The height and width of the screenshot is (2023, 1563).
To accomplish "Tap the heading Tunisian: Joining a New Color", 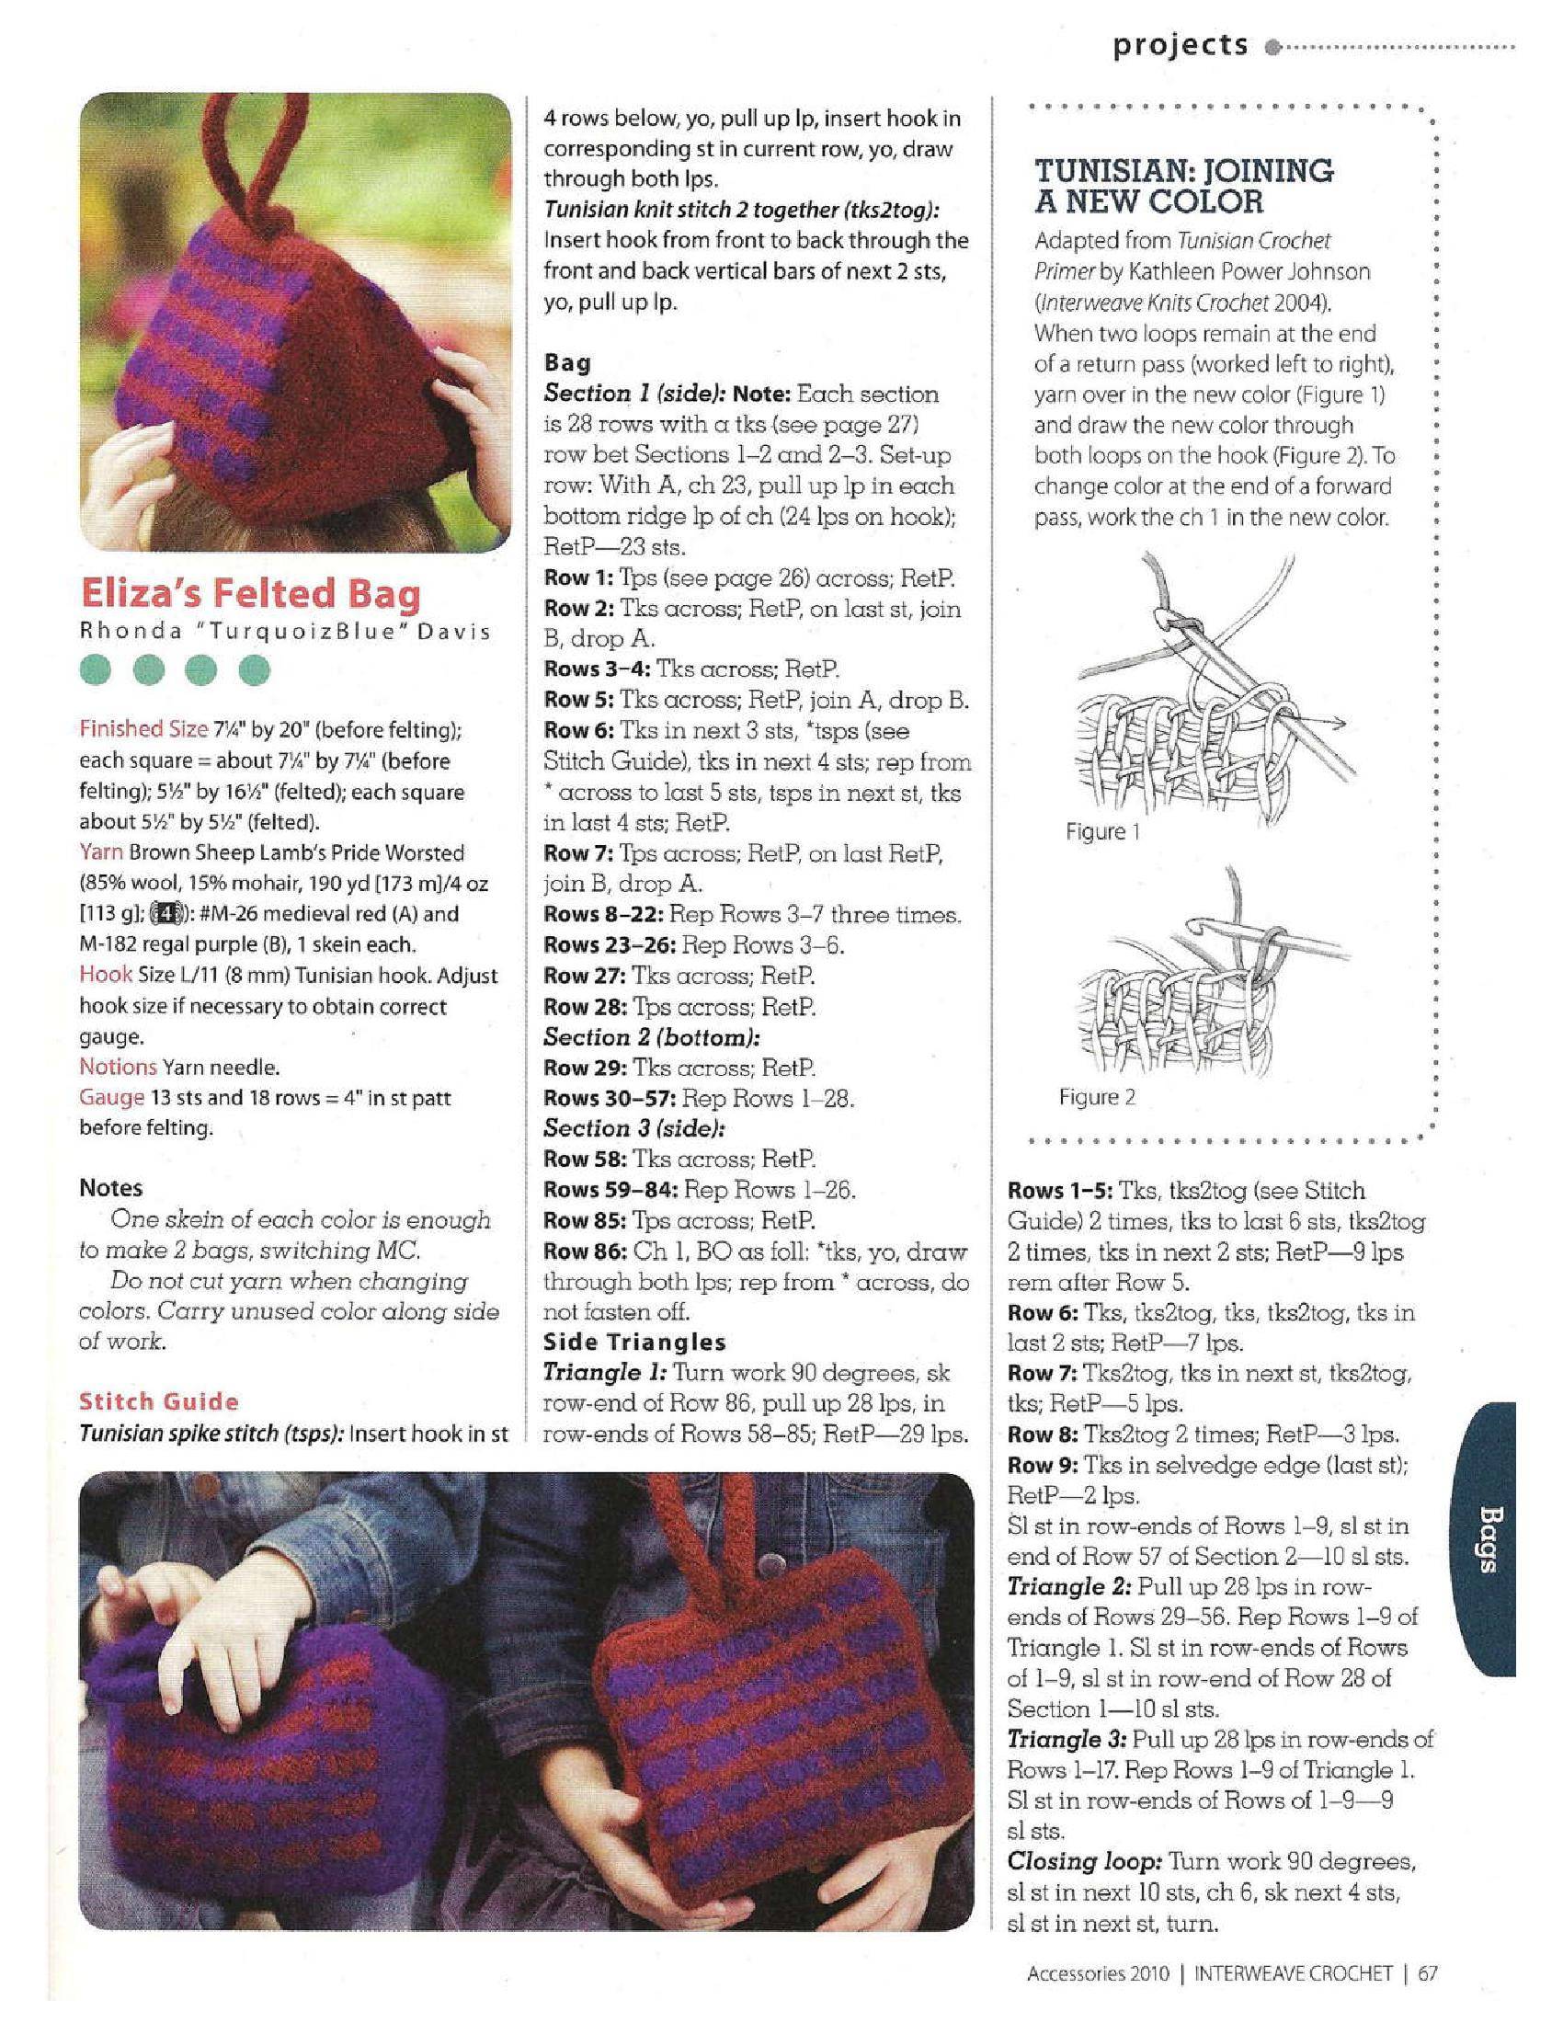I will point(1183,185).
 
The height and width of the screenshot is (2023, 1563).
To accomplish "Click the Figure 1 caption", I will point(1101,832).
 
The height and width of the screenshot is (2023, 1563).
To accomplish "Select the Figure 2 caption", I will point(1096,1098).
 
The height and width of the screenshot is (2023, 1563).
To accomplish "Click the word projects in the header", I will point(1181,44).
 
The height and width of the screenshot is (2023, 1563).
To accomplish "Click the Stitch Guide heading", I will point(158,1401).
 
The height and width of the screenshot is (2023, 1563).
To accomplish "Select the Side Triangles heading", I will point(634,1343).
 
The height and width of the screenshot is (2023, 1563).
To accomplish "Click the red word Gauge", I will point(111,1098).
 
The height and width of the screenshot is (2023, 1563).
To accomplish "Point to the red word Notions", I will point(118,1067).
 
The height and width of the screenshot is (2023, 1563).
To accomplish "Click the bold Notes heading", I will point(110,1188).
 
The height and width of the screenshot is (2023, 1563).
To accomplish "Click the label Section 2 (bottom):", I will point(651,1037).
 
